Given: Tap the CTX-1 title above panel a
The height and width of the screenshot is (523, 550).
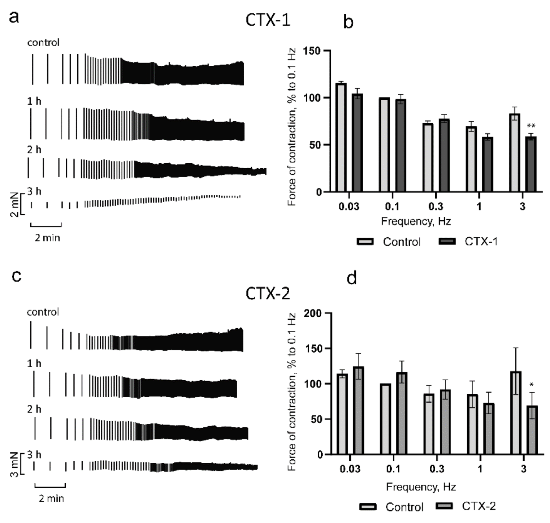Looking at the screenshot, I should [268, 20].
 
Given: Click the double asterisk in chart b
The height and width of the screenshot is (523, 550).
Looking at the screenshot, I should [531, 126].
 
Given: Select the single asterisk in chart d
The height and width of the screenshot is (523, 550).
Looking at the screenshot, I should [532, 385].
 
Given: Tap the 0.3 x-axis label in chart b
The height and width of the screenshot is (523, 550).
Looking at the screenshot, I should [436, 207].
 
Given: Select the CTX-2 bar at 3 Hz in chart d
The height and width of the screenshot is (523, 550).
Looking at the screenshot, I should [532, 430].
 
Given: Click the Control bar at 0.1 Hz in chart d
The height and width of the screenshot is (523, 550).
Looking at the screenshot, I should [385, 419].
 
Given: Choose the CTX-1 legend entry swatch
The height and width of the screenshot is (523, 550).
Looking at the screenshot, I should [447, 241].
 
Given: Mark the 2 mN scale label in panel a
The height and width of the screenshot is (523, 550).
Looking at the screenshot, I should [14, 204].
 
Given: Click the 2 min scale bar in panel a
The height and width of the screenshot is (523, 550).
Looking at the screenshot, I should [46, 226].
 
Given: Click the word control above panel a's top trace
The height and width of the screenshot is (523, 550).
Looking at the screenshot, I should [43, 43].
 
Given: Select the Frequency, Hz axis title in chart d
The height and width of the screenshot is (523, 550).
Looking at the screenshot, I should [421, 487].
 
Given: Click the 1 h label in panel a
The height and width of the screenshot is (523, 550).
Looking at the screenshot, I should [34, 101].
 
